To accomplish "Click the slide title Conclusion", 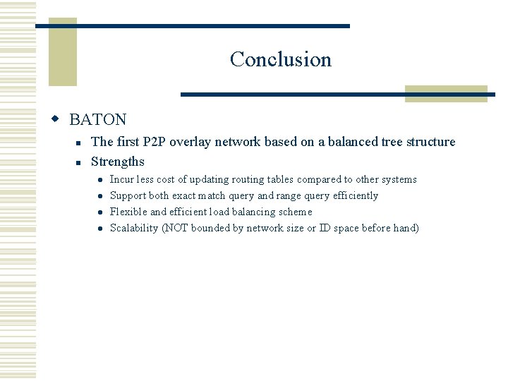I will point(280,59).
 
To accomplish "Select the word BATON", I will point(98,120).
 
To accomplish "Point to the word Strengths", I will point(118,162).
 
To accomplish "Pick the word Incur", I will point(123,180).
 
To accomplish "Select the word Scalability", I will point(134,228).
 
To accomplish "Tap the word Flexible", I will point(129,212).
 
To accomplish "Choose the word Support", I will point(128,195).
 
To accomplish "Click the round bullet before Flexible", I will point(101,212).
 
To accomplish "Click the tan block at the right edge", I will point(446,94).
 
